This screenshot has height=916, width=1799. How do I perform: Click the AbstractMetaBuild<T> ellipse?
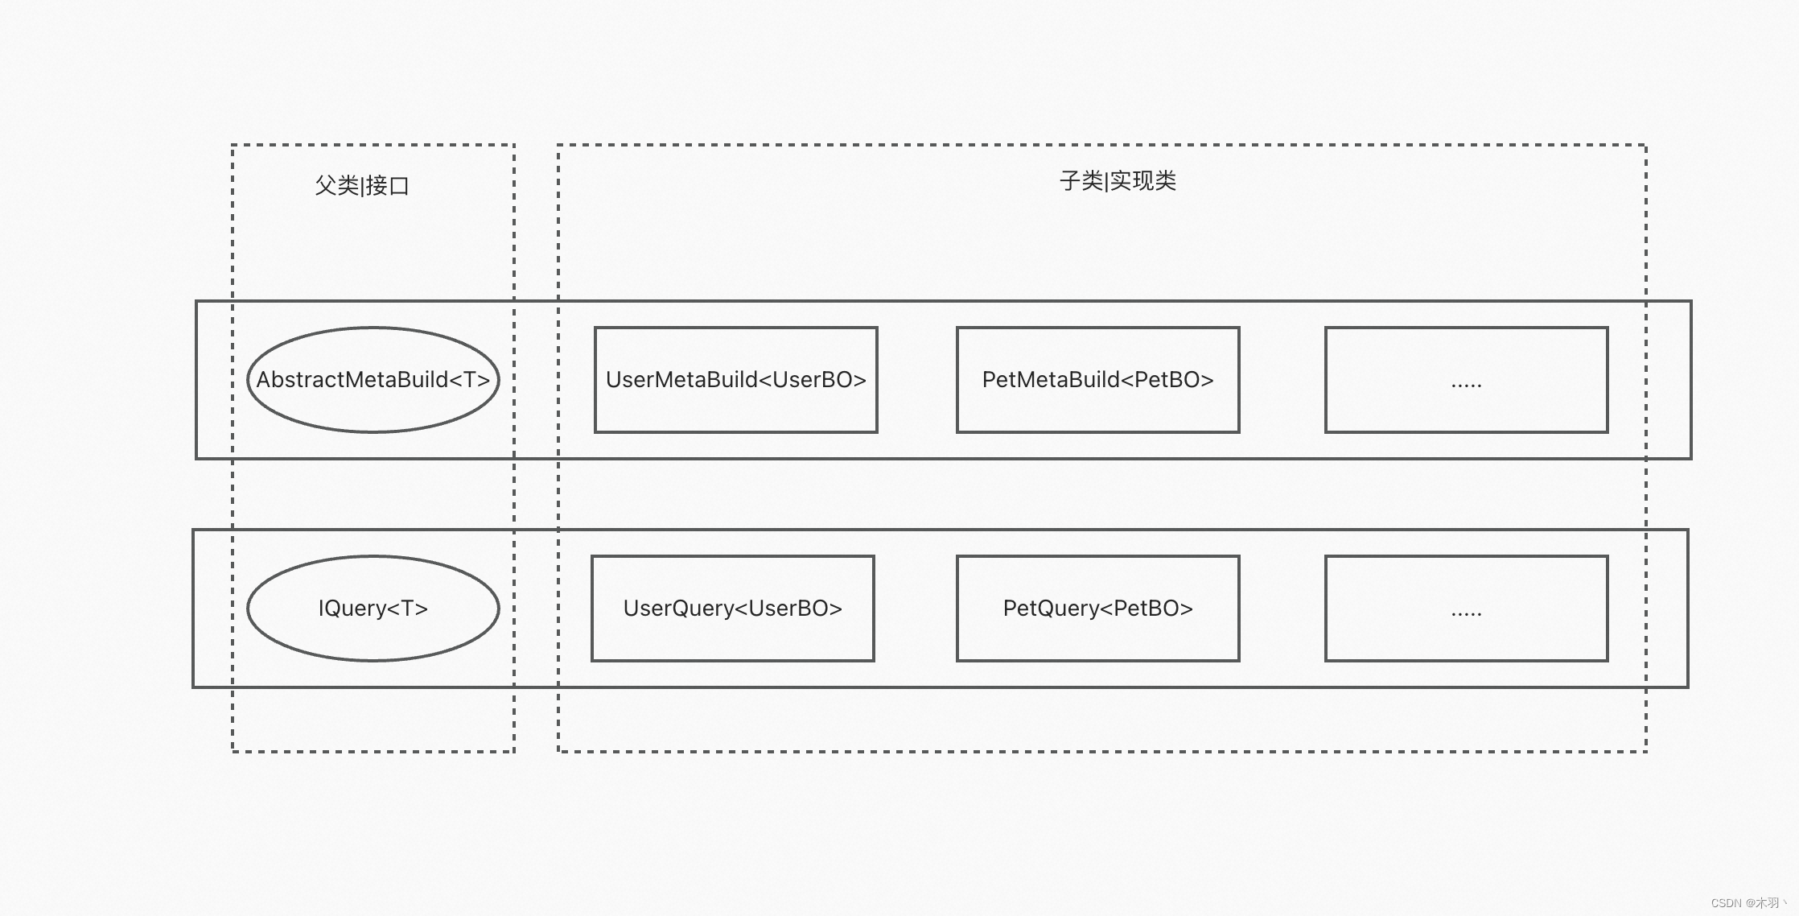coord(373,406)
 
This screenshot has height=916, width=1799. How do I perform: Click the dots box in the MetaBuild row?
coord(1466,354)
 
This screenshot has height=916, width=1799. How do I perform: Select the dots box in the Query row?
coord(1466,584)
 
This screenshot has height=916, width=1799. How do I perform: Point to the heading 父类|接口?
coord(362,186)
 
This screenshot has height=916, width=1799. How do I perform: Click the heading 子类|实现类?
coord(1118,181)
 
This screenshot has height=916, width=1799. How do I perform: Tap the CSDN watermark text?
coord(1746,903)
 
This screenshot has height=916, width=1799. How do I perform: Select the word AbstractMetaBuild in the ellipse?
coord(352,380)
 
